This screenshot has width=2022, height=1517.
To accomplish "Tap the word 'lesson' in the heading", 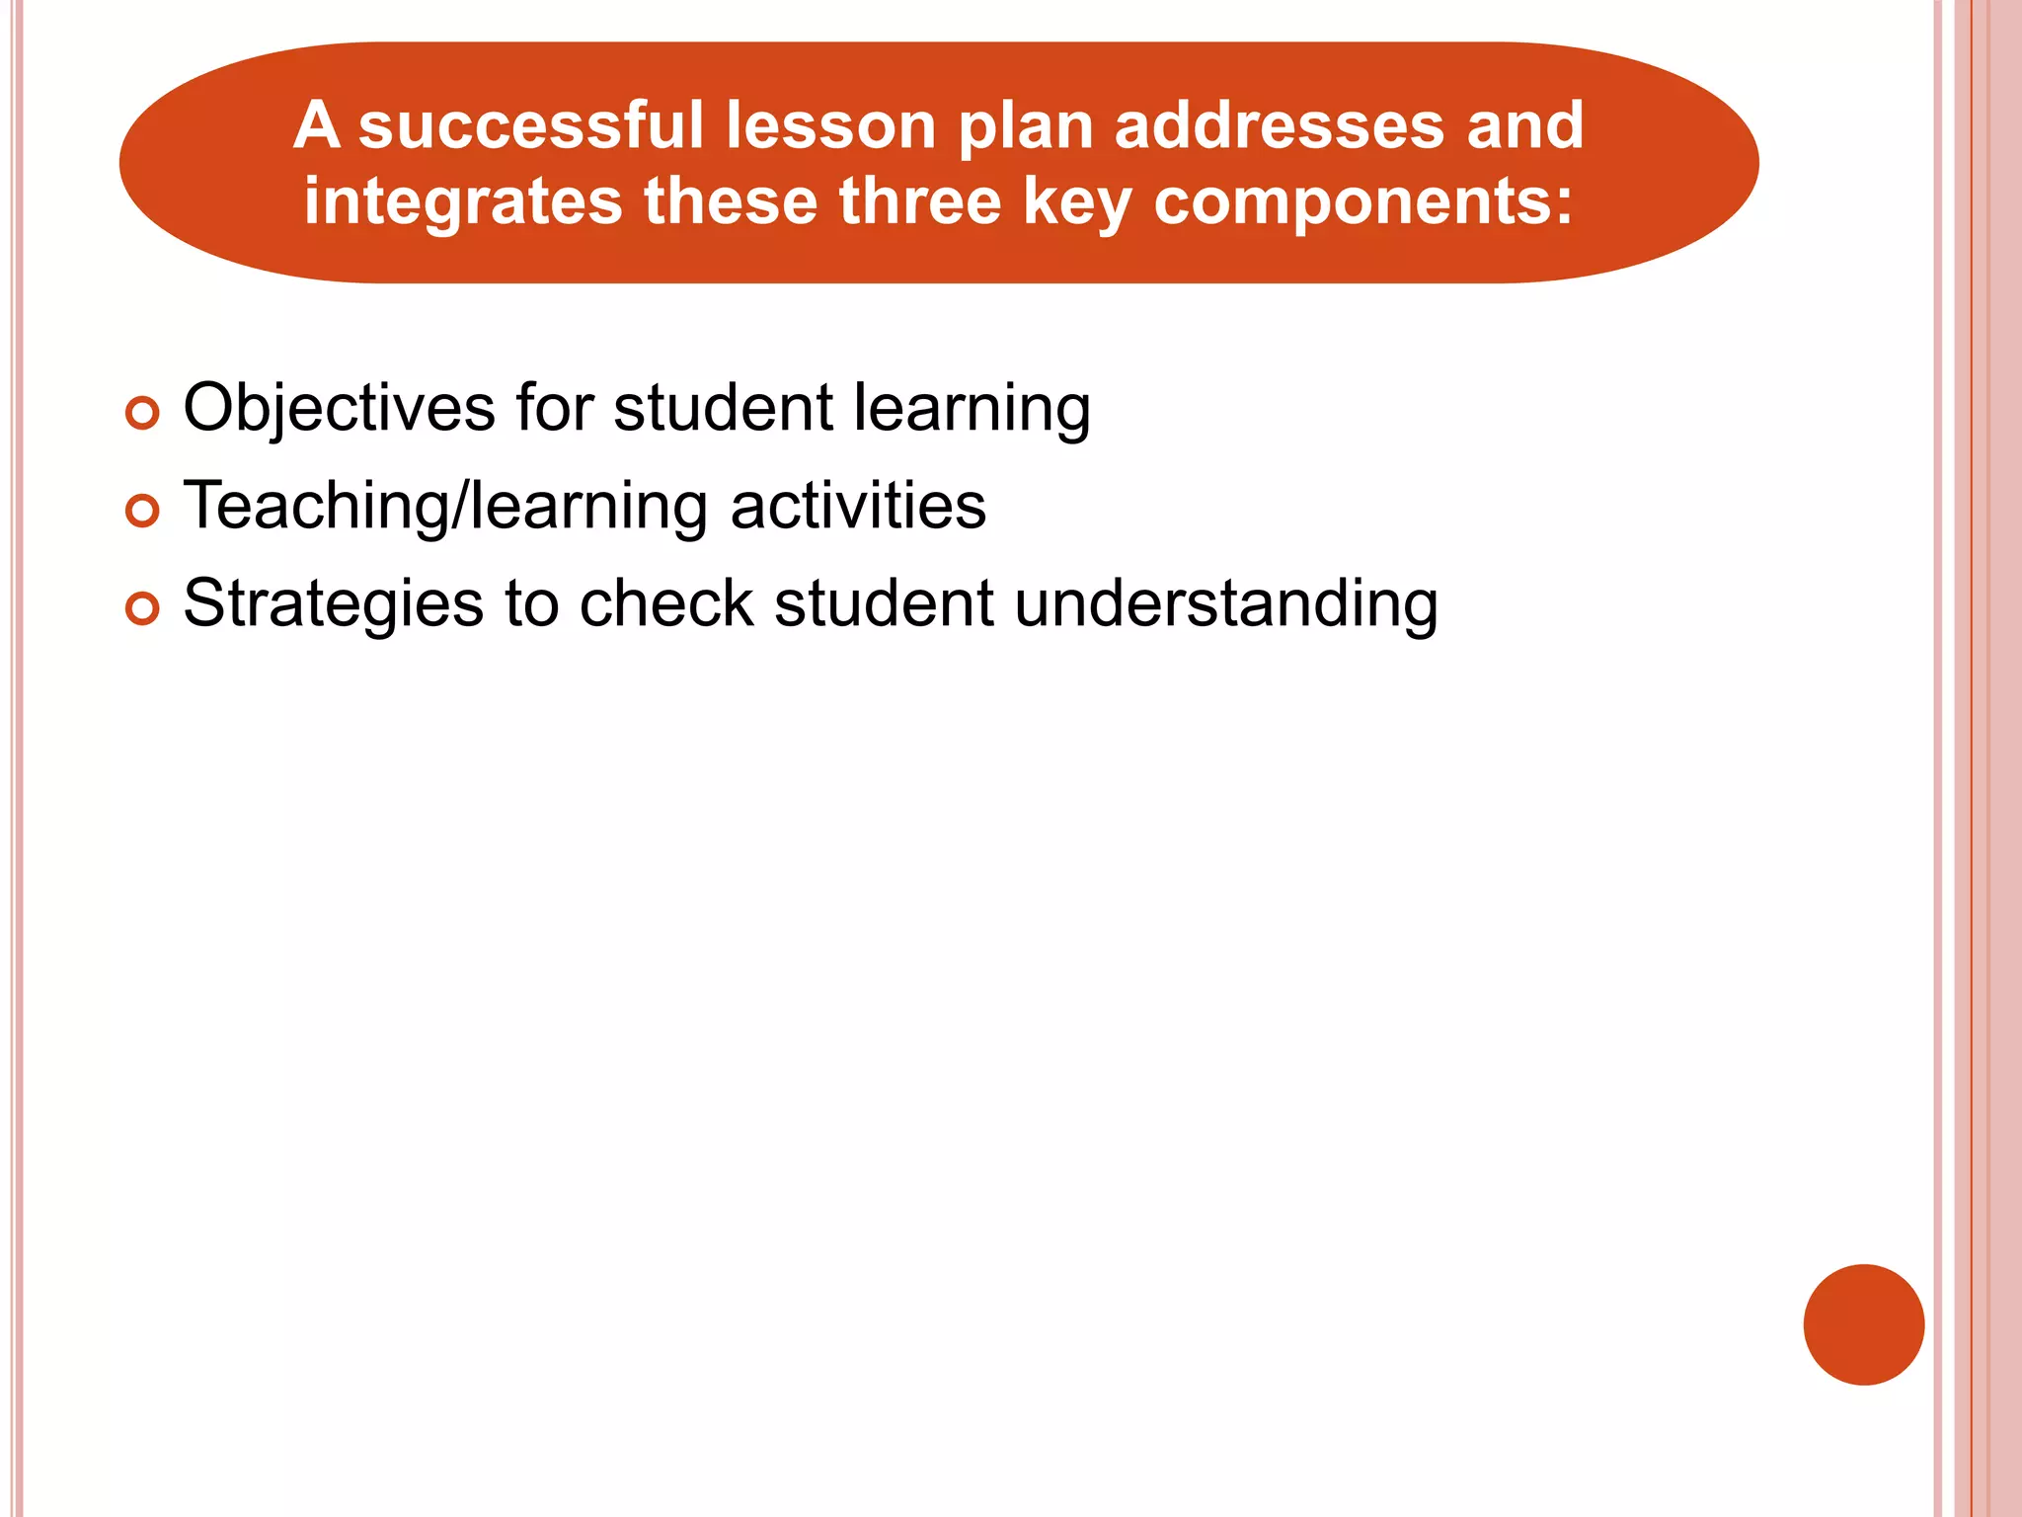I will [830, 126].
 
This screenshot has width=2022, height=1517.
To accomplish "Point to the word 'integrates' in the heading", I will [463, 202].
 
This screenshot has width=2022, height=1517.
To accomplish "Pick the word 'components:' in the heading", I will [1362, 202].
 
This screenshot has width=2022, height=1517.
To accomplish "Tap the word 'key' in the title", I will [1077, 202].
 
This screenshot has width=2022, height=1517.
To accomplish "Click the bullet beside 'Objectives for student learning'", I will [143, 413].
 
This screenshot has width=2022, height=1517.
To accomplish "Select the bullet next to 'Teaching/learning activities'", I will [143, 511].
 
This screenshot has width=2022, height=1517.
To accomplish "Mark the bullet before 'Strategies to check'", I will [143, 608].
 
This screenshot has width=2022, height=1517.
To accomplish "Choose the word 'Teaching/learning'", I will [445, 507].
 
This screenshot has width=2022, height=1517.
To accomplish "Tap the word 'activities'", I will [858, 506].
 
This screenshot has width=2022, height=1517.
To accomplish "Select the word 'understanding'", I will [1225, 603].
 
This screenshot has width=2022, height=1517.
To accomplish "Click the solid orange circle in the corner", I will [1863, 1324].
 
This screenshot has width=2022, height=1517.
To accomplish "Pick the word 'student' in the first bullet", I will [724, 408].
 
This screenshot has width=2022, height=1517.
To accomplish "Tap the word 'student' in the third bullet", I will [884, 603].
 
